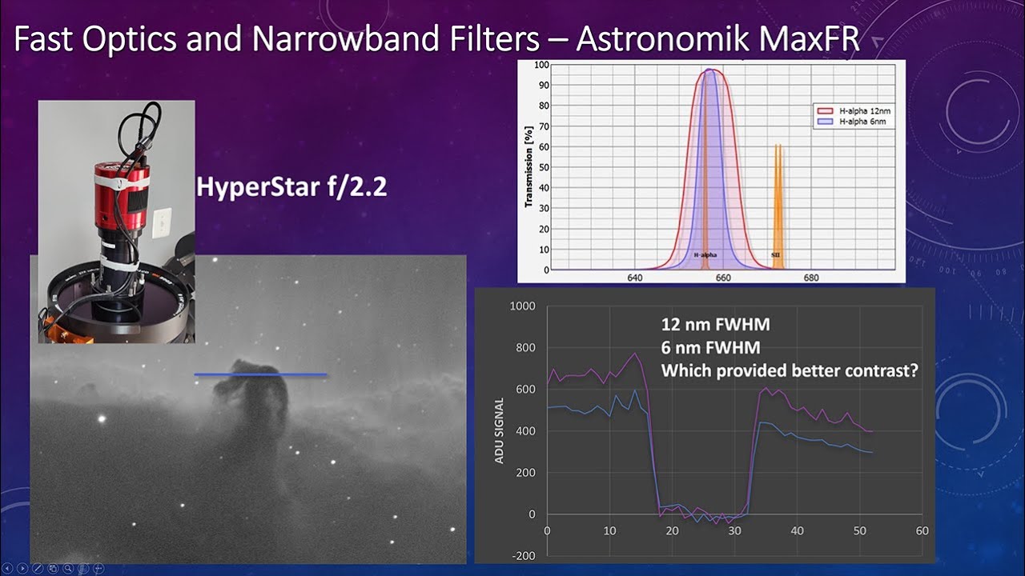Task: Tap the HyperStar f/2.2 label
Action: (291, 187)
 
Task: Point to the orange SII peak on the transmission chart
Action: (777, 200)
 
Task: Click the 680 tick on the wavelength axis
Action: (810, 278)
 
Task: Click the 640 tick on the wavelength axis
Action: (635, 278)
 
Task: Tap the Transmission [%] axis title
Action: (529, 167)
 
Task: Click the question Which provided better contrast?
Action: (789, 371)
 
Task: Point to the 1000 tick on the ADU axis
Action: (522, 306)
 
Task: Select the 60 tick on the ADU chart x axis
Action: (922, 531)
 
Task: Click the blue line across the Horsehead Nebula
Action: (260, 374)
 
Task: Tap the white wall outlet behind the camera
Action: (163, 222)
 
